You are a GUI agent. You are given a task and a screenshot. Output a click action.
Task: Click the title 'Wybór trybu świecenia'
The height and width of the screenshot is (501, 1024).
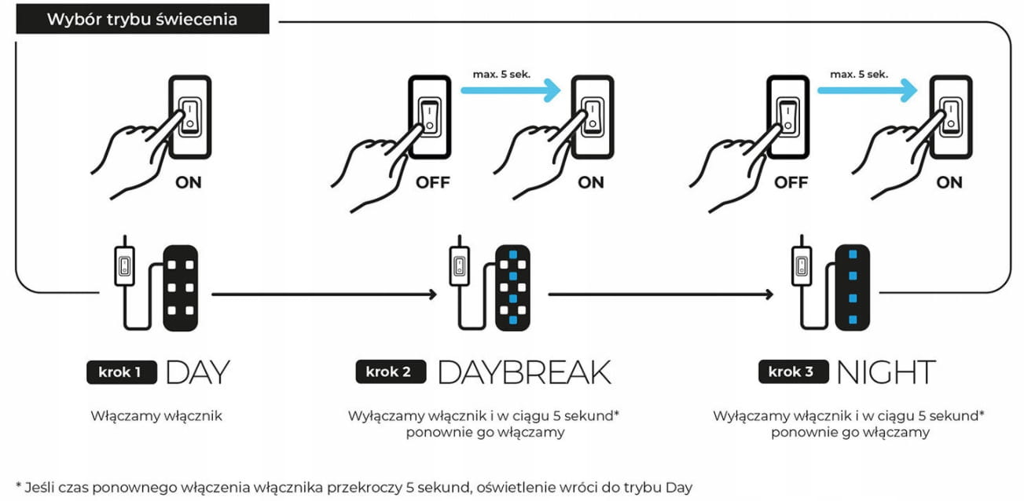click(x=142, y=19)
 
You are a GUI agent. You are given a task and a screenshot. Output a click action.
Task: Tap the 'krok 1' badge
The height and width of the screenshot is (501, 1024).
click(x=122, y=371)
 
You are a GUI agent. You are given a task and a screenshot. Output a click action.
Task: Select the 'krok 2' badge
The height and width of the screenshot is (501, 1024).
click(x=391, y=371)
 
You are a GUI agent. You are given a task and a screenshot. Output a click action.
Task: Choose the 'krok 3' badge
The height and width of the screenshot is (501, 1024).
click(x=793, y=371)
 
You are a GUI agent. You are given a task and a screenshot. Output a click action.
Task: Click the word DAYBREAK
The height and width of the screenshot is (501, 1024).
click(x=524, y=371)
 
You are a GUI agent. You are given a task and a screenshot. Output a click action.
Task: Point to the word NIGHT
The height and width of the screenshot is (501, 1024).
click(x=886, y=371)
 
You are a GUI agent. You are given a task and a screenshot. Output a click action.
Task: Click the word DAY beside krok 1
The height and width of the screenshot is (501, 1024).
click(x=197, y=372)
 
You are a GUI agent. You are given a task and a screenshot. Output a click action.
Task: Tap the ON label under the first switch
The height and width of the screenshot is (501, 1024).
click(x=189, y=183)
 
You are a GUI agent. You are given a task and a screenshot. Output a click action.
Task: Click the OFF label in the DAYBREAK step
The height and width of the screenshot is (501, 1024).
click(x=432, y=183)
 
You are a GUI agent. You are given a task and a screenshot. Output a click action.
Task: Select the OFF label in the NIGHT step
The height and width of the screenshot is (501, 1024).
click(x=791, y=183)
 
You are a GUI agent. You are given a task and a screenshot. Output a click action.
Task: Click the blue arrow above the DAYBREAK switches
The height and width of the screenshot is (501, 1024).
click(x=511, y=90)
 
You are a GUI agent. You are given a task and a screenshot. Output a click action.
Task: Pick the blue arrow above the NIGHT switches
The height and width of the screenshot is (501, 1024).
click(x=867, y=90)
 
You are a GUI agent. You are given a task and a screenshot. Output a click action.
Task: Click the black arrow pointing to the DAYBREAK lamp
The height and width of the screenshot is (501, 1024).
click(x=324, y=294)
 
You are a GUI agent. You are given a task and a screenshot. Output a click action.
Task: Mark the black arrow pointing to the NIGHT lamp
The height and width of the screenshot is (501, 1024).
click(x=661, y=294)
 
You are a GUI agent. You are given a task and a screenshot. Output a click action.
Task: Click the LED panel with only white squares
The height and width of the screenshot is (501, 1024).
click(x=181, y=287)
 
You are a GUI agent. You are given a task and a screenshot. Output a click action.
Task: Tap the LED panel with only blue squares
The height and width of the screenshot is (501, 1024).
click(x=853, y=287)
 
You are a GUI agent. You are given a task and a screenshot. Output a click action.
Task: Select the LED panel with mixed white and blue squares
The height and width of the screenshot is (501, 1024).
click(x=513, y=287)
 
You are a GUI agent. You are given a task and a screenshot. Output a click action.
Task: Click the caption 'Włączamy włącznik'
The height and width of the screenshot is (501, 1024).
click(x=156, y=416)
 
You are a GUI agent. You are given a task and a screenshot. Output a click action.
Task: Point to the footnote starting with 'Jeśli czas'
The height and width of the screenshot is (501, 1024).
click(x=354, y=488)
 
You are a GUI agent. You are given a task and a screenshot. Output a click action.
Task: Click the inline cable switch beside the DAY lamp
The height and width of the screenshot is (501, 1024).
click(x=124, y=265)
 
